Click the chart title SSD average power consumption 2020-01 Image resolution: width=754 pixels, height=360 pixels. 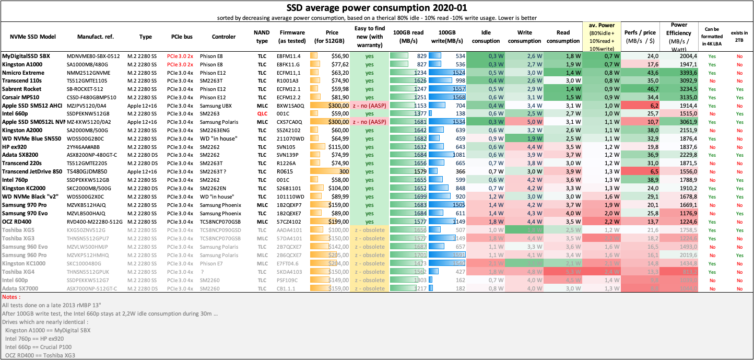point(376,8)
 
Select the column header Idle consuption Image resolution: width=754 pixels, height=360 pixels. point(486,37)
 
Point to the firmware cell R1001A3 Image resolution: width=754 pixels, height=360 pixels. point(288,80)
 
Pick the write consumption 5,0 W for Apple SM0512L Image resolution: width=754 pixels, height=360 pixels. point(527,122)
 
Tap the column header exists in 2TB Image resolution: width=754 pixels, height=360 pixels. point(739,37)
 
